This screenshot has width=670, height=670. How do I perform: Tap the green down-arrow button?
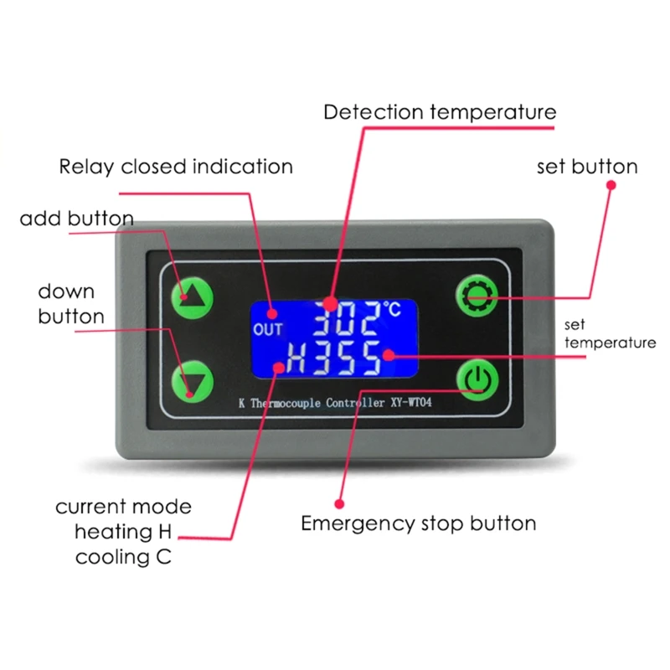point(193,381)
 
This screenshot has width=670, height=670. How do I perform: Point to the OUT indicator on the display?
point(268,329)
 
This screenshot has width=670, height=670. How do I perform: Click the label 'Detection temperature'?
point(440,111)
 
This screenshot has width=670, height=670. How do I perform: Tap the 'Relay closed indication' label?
point(176,166)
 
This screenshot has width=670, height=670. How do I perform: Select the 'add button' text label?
point(76,219)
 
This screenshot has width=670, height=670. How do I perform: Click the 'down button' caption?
point(71,303)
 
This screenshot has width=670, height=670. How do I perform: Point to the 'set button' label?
point(587,166)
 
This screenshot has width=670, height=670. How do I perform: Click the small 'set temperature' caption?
point(610,332)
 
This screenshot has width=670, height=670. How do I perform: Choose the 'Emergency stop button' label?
point(419,524)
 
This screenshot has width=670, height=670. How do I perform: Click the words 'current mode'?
point(123,507)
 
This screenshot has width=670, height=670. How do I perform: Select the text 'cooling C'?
point(123,556)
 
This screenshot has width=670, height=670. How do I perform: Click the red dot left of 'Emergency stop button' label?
point(339,504)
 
